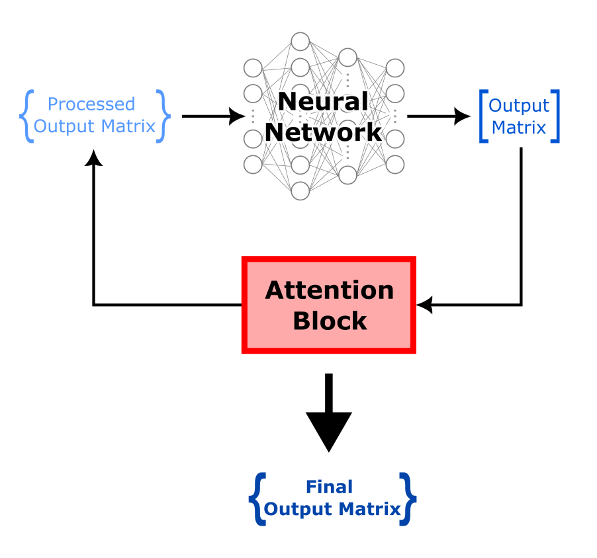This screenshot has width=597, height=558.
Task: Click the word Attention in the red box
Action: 329,290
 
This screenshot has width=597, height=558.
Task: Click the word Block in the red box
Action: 329,321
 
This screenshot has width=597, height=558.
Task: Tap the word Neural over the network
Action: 322,101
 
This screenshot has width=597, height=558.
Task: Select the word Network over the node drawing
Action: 323,132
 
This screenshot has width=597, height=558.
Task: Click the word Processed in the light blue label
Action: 91,104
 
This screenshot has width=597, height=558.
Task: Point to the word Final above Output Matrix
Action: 329,487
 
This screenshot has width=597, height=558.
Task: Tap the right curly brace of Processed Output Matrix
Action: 163,116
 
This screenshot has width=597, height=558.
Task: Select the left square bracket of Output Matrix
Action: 482,116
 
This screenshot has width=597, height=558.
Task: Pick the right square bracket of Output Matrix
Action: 555,116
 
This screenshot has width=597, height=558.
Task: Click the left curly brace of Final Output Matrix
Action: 257,498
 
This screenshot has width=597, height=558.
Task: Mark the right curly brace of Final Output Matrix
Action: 410,498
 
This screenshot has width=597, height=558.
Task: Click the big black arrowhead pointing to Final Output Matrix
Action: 328,430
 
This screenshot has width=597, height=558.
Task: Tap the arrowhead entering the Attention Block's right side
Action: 424,305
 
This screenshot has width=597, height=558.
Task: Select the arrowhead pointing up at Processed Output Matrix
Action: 93,157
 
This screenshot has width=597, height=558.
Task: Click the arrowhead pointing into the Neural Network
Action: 236,116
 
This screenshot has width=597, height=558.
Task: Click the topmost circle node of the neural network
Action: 300,42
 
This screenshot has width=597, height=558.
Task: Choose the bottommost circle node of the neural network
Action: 300,190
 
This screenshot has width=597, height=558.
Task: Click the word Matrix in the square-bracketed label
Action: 519,127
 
